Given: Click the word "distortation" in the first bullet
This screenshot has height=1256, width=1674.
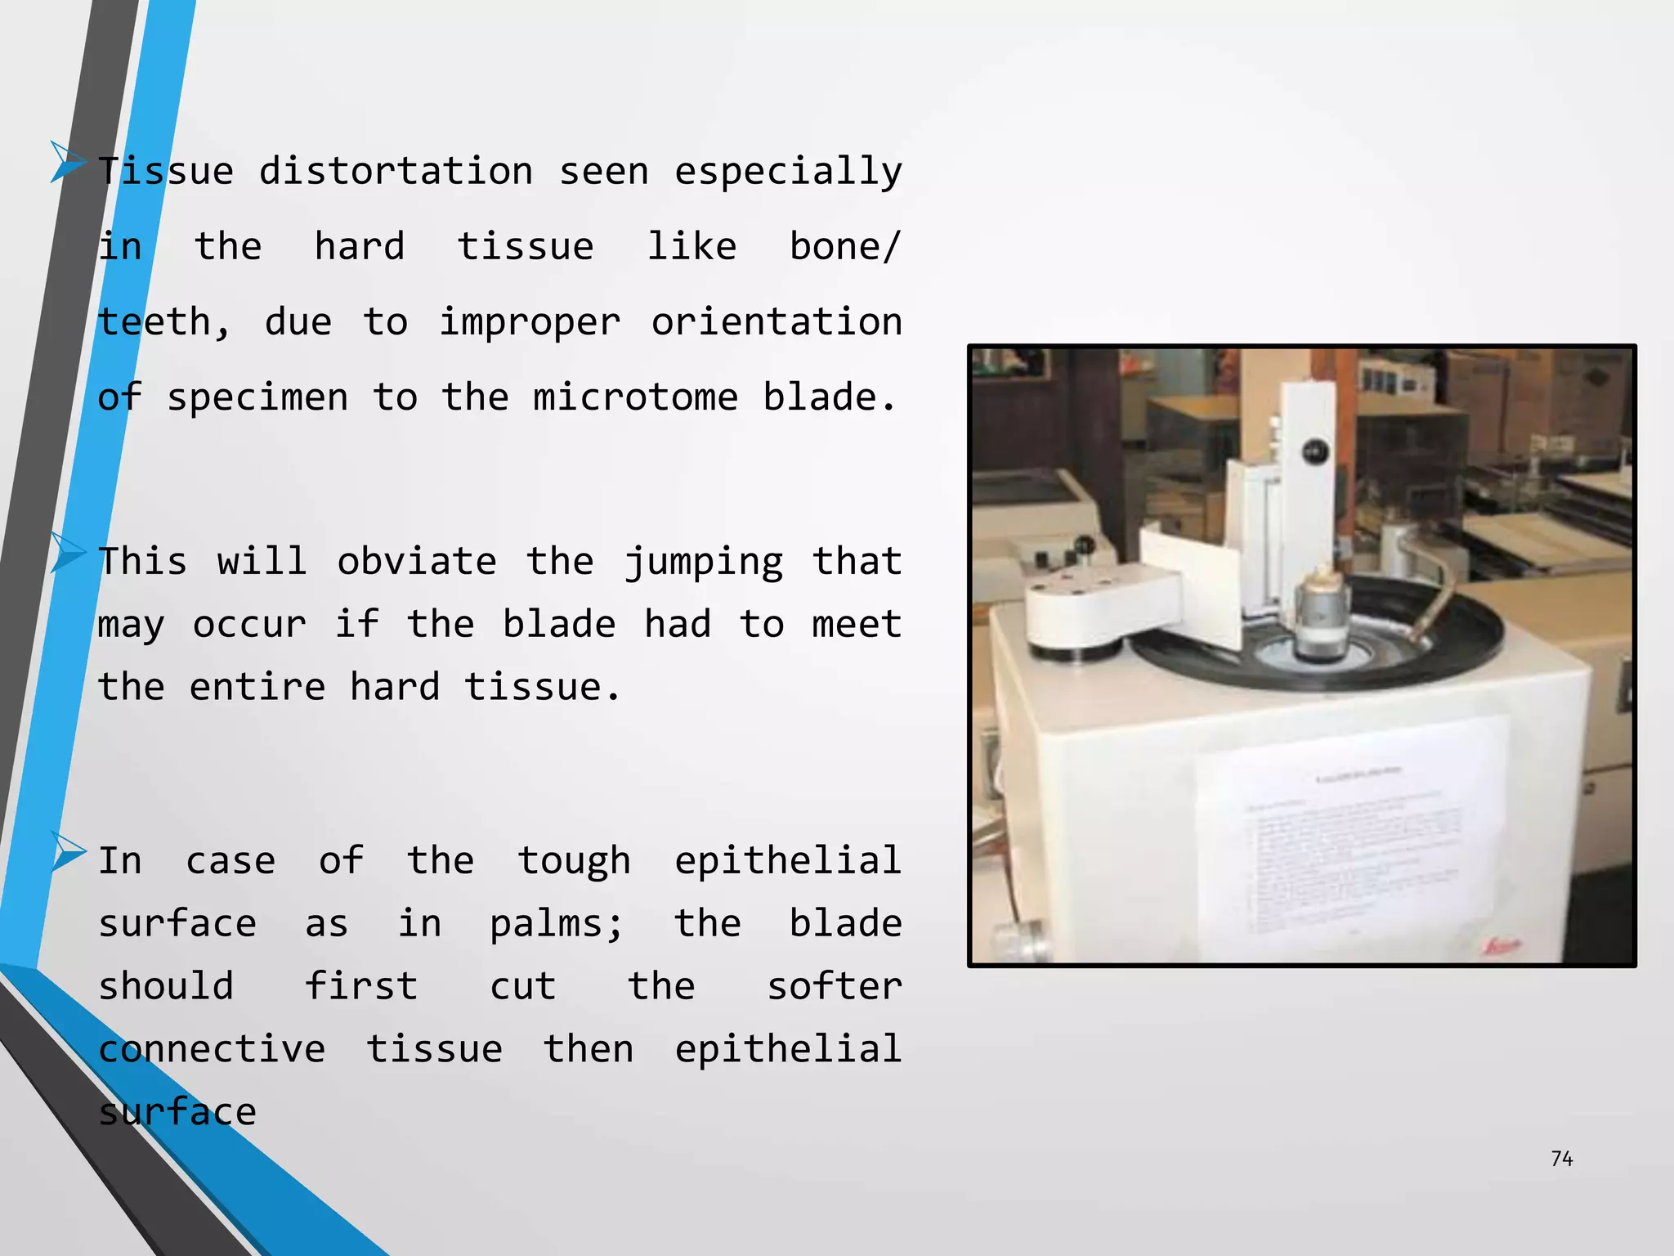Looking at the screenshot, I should click(x=396, y=172).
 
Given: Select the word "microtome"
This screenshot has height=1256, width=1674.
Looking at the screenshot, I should click(x=635, y=397).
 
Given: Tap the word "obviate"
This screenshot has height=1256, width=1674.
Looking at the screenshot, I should click(x=416, y=562).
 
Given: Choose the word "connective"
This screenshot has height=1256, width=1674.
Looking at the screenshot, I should click(x=212, y=1049).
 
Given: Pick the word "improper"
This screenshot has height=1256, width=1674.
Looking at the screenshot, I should click(x=530, y=323).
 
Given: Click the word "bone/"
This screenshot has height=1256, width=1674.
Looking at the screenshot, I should click(x=845, y=247).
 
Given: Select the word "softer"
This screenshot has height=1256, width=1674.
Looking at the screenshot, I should click(x=834, y=986).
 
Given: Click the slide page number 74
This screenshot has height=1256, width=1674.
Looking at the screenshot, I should click(x=1561, y=1159).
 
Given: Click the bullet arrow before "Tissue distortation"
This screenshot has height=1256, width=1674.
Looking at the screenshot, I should click(x=67, y=160).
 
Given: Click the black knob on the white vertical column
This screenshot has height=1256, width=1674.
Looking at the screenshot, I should click(x=1314, y=451).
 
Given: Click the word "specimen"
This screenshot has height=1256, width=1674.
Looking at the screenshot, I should click(x=257, y=398).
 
